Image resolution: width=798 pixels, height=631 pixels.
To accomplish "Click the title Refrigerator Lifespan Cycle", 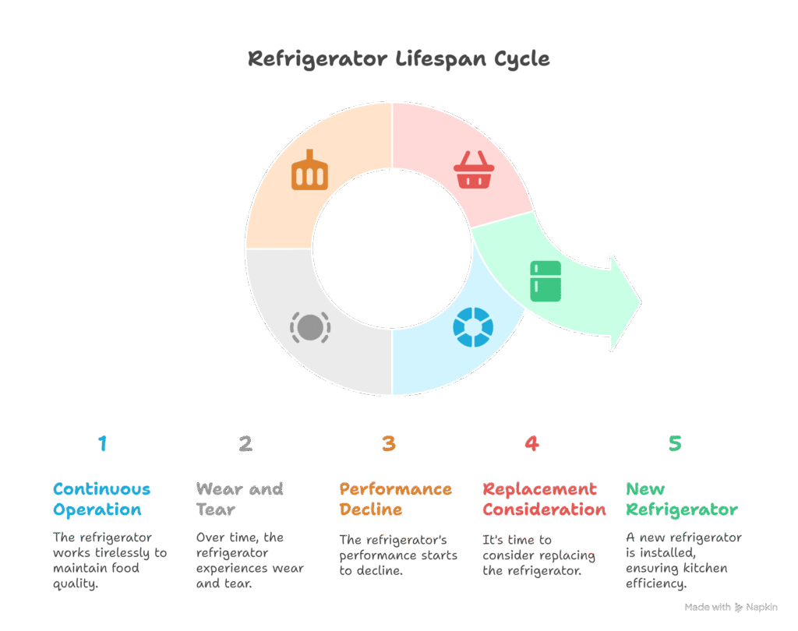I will point(398,59).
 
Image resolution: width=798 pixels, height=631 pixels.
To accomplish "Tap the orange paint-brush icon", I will point(309,171).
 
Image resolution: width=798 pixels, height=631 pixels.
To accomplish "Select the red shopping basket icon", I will point(473,170).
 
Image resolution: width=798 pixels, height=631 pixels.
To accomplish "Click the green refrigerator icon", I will point(546,281).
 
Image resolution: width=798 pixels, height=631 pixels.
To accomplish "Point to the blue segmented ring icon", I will point(472,327).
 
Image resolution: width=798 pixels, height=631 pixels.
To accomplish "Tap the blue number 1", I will point(102,444).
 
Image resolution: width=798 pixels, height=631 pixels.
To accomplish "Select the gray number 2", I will point(245,444).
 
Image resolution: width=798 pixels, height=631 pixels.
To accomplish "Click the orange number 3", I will point(389,444).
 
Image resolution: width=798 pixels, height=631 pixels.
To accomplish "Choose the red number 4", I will point(531,444).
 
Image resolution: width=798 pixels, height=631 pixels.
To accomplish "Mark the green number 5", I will point(675,444).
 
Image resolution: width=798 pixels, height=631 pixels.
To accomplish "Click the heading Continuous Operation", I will point(102,499).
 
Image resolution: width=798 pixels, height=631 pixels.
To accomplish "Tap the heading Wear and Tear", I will point(239,499).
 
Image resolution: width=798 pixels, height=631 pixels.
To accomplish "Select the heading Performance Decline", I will point(395,499).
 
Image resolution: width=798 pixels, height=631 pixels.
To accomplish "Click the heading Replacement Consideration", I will point(544,499).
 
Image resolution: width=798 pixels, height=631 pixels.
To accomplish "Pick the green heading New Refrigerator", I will point(681,499).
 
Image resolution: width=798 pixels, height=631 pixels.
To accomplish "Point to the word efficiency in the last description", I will point(655,583).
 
